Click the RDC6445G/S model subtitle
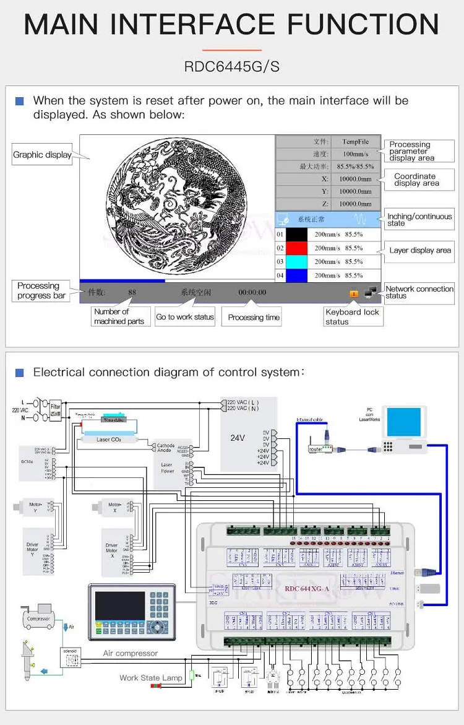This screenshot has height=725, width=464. pyautogui.click(x=231, y=66)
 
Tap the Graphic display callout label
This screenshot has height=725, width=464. pyautogui.click(x=42, y=155)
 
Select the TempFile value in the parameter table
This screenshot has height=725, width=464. pyautogui.click(x=355, y=142)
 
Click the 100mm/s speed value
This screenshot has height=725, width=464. pyautogui.click(x=355, y=154)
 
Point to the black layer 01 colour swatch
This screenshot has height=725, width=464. pyautogui.click(x=298, y=235)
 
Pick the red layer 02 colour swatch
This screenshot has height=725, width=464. pyautogui.click(x=298, y=248)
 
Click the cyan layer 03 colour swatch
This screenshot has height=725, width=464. pyautogui.click(x=298, y=262)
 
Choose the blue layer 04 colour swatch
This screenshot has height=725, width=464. pyautogui.click(x=298, y=276)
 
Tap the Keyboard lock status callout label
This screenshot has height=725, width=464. pyautogui.click(x=352, y=316)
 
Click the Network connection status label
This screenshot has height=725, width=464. pyautogui.click(x=419, y=292)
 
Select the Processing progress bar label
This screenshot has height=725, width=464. pyautogui.click(x=41, y=290)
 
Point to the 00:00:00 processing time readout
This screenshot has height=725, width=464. pyautogui.click(x=252, y=292)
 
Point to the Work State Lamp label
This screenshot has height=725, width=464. pyautogui.click(x=151, y=678)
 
